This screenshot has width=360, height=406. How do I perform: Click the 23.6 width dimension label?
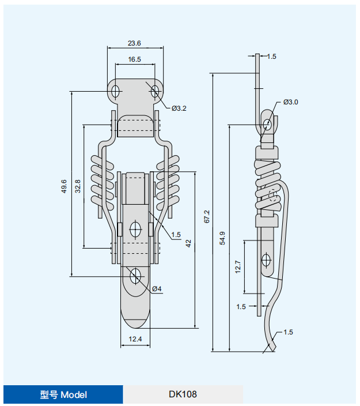134,43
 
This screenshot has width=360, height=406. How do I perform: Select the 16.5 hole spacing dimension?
134,59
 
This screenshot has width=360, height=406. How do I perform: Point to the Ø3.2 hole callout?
179,108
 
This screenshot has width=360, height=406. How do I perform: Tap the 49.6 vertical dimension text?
64,186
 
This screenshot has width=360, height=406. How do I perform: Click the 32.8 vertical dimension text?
78,186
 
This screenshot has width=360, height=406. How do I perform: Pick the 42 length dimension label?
188,243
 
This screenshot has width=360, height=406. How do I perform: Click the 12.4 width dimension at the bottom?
135,339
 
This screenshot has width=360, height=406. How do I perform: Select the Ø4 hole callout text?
157,289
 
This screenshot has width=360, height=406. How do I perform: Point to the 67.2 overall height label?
207,216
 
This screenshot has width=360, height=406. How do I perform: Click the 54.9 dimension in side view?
222,238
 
